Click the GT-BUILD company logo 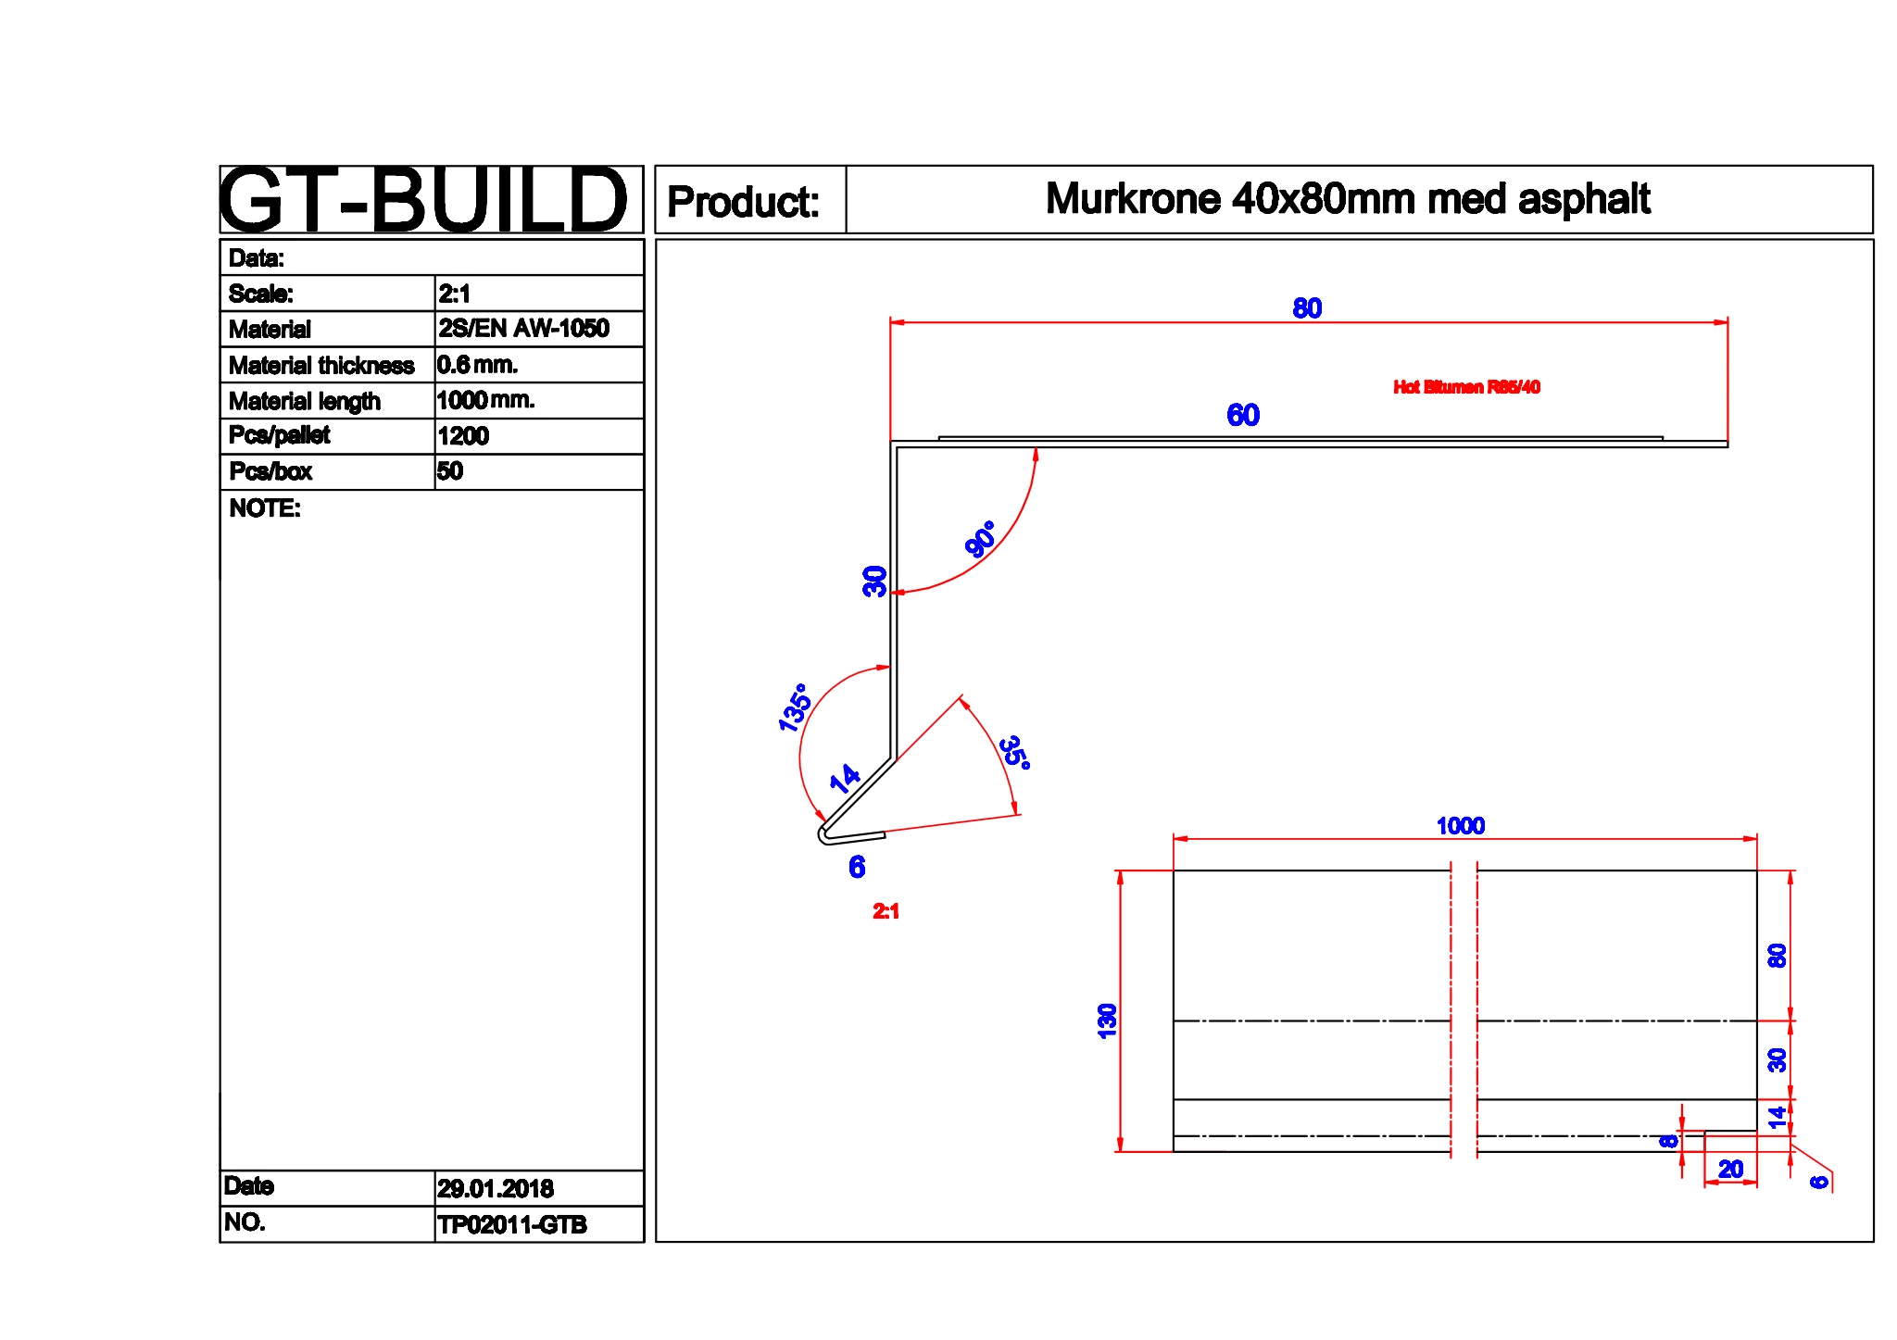click(424, 199)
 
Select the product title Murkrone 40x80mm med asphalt click(1348, 199)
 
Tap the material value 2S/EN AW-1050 click(523, 329)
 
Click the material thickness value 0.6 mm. click(477, 365)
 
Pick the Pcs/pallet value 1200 click(463, 436)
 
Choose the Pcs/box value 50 click(450, 471)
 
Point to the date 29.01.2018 click(496, 1188)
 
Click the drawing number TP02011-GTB click(512, 1224)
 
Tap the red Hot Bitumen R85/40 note click(1466, 387)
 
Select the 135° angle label click(795, 708)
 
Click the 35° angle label click(1015, 752)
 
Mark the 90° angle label click(980, 538)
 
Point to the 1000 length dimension click(1460, 825)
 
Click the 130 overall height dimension click(1107, 1021)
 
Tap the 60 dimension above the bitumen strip click(1243, 415)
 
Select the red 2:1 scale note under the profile click(886, 911)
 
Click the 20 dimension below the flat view click(1730, 1169)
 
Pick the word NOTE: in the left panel click(265, 508)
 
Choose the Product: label click(743, 202)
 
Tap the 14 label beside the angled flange click(845, 778)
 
